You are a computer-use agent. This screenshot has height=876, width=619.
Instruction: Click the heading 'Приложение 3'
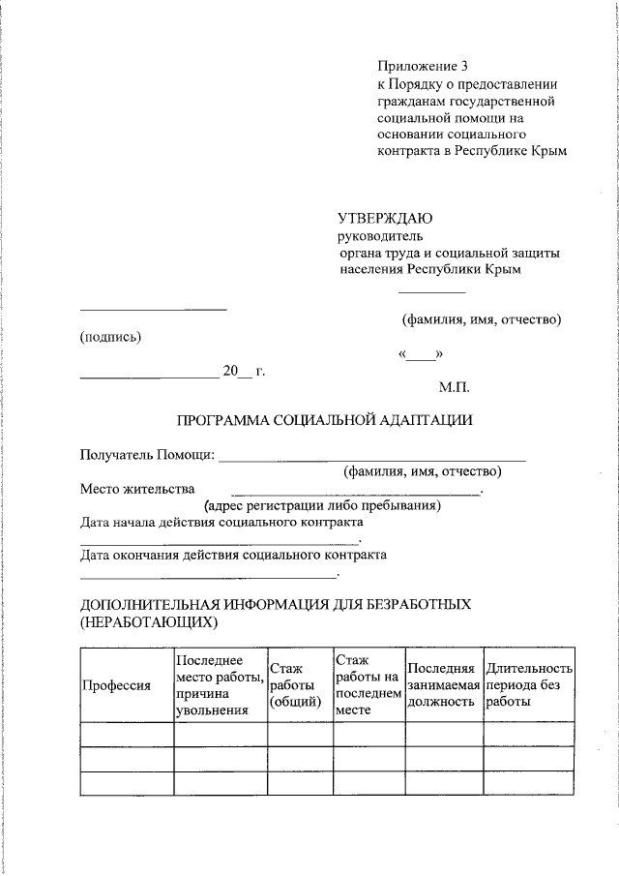(422, 66)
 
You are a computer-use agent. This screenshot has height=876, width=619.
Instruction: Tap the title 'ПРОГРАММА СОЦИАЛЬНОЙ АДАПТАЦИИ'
(324, 421)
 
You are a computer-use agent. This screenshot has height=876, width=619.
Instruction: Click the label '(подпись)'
(110, 337)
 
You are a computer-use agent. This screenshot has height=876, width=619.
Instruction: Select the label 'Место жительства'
(137, 489)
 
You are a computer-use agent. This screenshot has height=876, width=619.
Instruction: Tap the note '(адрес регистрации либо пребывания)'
(322, 505)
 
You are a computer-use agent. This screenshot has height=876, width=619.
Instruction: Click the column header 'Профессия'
(115, 685)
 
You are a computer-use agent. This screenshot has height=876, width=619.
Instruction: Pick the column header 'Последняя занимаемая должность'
(443, 685)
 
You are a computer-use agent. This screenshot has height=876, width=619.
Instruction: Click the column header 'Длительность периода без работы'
(529, 685)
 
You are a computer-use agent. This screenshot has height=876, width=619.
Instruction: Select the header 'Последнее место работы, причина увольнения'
(220, 685)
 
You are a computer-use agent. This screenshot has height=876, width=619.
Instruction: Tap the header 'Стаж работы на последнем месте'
(368, 685)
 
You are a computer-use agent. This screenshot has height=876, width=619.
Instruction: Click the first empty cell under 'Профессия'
(126, 735)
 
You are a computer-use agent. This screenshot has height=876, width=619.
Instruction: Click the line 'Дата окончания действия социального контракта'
(233, 555)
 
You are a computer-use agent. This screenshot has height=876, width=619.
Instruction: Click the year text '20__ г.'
(244, 371)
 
